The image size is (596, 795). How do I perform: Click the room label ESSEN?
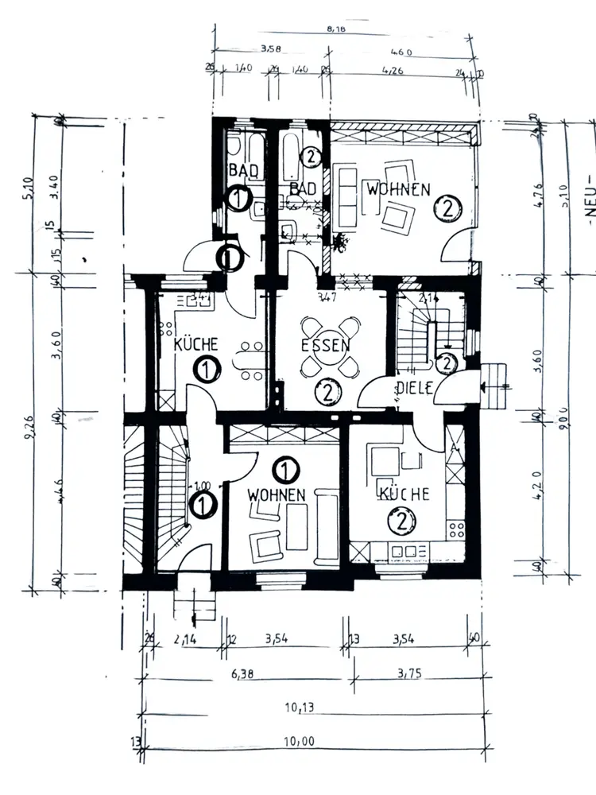point(327,347)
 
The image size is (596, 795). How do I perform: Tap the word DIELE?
point(413,388)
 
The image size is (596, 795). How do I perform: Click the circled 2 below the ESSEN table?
point(327,391)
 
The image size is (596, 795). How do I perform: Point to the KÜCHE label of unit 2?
point(404,494)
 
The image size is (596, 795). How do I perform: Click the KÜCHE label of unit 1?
point(196,345)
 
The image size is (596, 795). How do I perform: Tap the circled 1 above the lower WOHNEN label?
point(282,471)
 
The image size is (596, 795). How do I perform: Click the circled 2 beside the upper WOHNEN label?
point(448,209)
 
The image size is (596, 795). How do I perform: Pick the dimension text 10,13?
point(300,707)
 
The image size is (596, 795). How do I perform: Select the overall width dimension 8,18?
point(338,30)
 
